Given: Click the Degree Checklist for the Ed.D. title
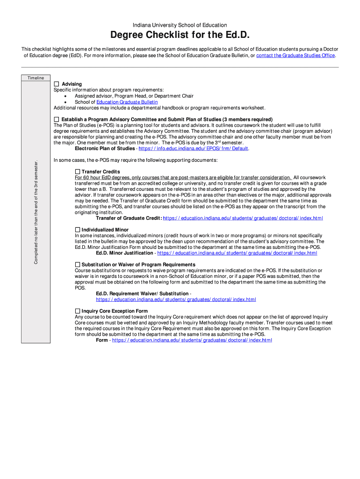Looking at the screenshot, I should (x=180, y=36).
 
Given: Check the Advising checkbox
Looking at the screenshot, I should (x=57, y=84).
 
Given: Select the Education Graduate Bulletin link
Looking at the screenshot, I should (x=127, y=102).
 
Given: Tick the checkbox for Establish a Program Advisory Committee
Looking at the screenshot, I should (x=57, y=119).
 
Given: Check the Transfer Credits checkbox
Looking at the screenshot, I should (x=78, y=172).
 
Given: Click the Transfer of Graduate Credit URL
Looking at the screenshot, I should (x=243, y=218).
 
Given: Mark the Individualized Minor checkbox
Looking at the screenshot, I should (x=78, y=230).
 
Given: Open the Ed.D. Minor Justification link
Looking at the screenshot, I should (x=237, y=253).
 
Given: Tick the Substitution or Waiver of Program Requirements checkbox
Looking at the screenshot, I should (x=78, y=264).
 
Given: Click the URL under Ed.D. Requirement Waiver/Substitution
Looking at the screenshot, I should (x=176, y=299).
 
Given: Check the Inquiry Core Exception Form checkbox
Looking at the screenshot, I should (x=78, y=311).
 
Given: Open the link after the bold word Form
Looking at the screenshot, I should (x=192, y=340).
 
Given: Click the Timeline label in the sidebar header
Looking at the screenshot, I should (x=36, y=78).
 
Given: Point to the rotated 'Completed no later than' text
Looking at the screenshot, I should (x=36, y=211).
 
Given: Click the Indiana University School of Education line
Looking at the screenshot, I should (x=180, y=25).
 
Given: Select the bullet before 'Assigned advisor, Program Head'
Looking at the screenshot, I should (x=65, y=96).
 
